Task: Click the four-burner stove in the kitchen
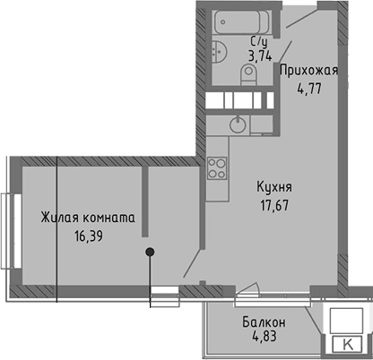(216, 167)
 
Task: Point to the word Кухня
(274, 187)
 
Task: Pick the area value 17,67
(273, 203)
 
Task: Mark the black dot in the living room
(151, 253)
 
